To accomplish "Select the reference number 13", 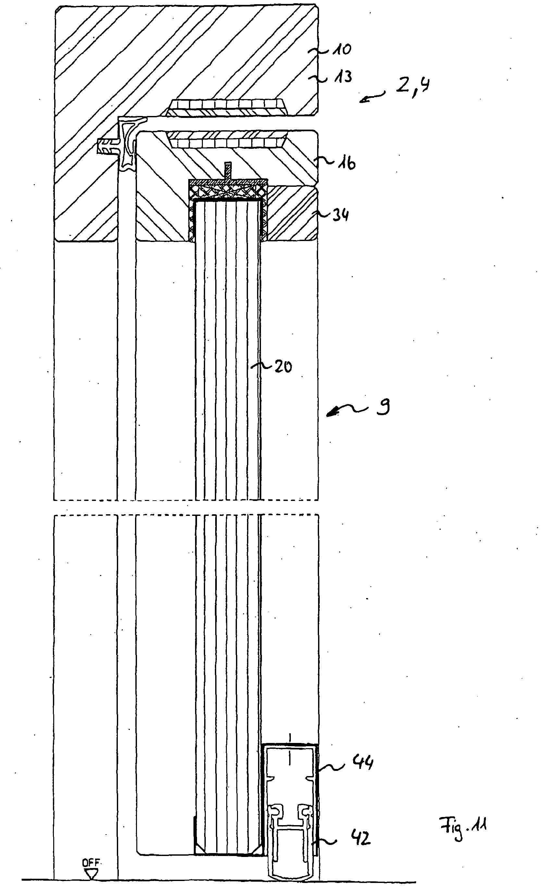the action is tap(343, 77).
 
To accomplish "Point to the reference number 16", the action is tap(347, 162).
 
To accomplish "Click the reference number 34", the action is tap(340, 215).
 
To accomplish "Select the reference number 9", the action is tap(383, 407).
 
